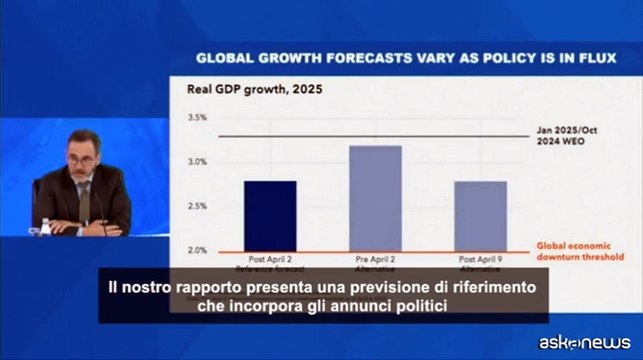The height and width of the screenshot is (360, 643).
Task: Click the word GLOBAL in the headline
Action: tap(224, 59)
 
